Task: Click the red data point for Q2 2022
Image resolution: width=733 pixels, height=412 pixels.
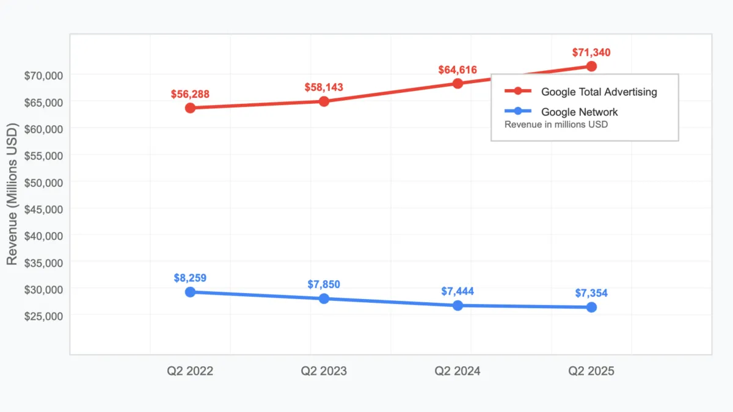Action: coord(190,108)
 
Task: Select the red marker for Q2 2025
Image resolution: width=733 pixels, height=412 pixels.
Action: coord(591,66)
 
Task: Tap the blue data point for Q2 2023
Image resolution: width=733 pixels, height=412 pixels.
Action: coord(324,298)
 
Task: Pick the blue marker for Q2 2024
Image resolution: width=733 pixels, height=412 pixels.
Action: coord(458,305)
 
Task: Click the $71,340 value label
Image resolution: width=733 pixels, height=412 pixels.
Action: coord(591,52)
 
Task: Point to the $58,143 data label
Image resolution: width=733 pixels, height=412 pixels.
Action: coord(324,88)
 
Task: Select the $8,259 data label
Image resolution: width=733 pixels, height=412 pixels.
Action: coord(190,278)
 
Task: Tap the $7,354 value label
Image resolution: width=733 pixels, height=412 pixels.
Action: coord(591,294)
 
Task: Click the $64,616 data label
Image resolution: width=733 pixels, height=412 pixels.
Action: coord(458,70)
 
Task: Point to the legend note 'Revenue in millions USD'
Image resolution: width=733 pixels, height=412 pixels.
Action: coord(556,125)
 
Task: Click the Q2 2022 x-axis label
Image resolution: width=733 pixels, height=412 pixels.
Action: coord(190,371)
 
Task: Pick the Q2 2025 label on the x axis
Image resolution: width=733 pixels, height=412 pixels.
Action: coord(591,371)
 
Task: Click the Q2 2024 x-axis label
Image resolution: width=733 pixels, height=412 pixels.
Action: coord(458,371)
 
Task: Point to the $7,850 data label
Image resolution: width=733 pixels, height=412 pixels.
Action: coord(324,284)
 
